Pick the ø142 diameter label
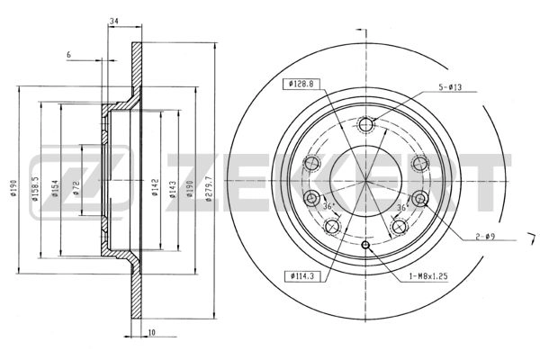[x=156, y=188]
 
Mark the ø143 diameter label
[x=173, y=188]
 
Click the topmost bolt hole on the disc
[x=365, y=125]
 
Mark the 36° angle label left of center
[x=328, y=206]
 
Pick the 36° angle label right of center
[x=400, y=206]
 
